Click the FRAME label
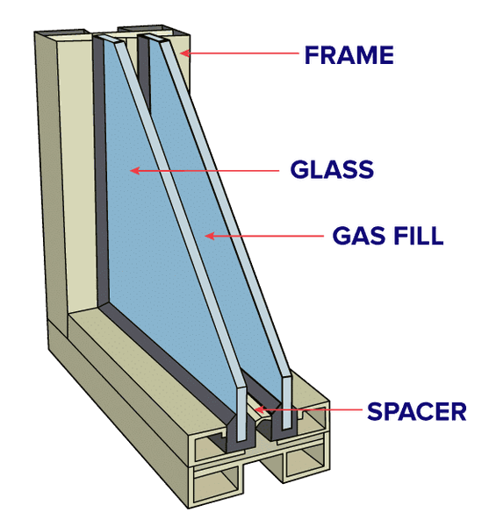pos(349,55)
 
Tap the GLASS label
pos(332,169)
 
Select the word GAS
pos(359,236)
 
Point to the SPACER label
pos(417,411)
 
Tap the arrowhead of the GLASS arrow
pos(134,171)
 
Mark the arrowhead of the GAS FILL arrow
pos(210,236)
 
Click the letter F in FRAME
pos(312,55)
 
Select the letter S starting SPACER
pos(375,411)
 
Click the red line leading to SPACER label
pos(308,409)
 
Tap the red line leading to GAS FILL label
pos(264,236)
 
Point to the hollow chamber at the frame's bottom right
pos(305,463)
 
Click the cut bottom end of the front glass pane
pos(241,415)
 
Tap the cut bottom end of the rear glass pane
pos(286,402)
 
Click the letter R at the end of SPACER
pos(459,411)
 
